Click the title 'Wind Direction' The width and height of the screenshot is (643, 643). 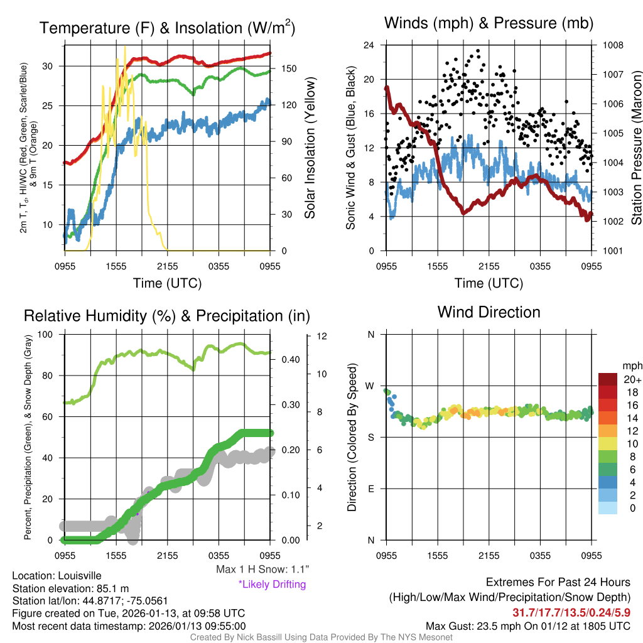point(489,312)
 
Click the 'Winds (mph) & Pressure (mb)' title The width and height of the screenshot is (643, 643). point(489,24)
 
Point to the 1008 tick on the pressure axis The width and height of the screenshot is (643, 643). point(612,45)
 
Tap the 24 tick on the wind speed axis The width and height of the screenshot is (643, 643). point(369,45)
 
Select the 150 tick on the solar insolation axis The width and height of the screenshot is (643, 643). point(288,68)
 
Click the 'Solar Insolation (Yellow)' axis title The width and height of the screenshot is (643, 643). point(310,148)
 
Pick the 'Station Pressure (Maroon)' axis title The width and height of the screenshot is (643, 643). point(635,148)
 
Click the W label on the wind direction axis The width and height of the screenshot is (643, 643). point(370,386)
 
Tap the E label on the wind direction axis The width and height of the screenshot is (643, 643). point(370,489)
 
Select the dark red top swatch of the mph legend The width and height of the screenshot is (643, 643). point(608,380)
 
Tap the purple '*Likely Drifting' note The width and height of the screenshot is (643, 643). point(271,584)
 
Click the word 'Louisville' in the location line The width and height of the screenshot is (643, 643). point(79,575)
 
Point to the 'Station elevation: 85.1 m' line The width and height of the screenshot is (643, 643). point(70,588)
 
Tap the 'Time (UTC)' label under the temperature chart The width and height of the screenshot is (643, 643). point(167,283)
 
